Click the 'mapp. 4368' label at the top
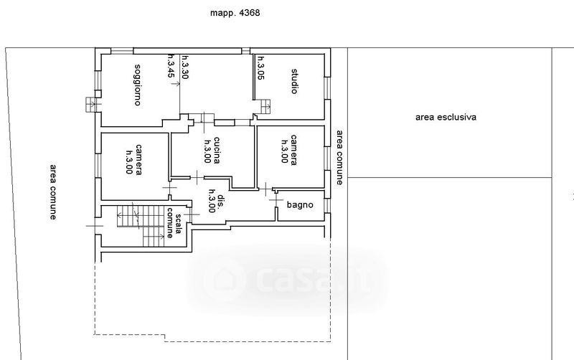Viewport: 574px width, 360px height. coord(235,13)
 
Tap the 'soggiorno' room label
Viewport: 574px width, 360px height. coord(138,85)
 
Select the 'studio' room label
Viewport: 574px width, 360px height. coord(294,81)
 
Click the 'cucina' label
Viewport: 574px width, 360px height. coord(217,150)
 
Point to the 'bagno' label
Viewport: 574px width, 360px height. coord(300,205)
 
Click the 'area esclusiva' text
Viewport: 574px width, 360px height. coord(446,117)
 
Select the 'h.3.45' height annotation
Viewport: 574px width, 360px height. coord(171,66)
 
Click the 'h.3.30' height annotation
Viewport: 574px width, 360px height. coord(185,67)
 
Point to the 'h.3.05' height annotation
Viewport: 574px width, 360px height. coord(260,67)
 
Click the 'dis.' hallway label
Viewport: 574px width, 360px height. coord(221,200)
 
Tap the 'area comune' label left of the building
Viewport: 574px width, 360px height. coord(53,192)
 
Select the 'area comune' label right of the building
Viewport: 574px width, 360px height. coord(339,158)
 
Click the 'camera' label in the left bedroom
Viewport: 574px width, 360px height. coord(138,159)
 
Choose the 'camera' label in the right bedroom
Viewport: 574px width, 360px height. coord(293,150)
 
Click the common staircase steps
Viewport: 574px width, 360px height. coord(141,226)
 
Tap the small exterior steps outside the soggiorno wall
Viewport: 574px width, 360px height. coord(91,105)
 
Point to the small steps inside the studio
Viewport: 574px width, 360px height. coord(265,106)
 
